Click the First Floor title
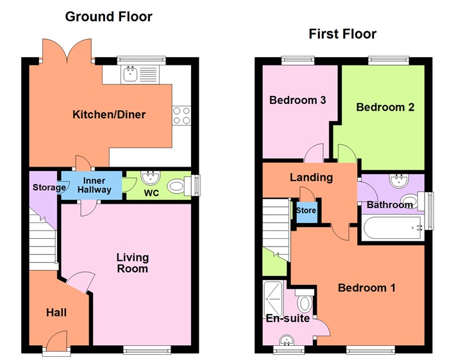(x=342, y=33)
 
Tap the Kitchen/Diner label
(x=109, y=115)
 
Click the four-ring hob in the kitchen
(x=181, y=115)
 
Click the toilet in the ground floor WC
(x=176, y=186)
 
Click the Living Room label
(x=132, y=263)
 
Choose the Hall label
(x=56, y=313)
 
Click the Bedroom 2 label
(x=385, y=107)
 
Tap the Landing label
(x=311, y=177)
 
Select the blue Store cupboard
(x=305, y=211)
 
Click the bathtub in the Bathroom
(x=391, y=228)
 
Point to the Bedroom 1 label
(x=367, y=288)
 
